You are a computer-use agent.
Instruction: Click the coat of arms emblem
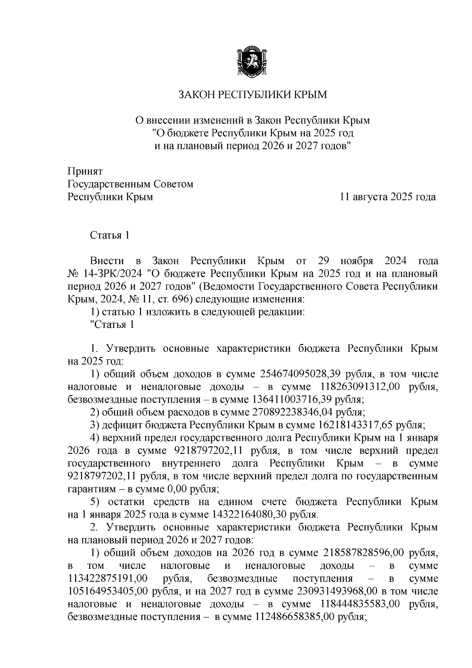[252, 61]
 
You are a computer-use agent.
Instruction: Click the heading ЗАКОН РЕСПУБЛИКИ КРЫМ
[252, 94]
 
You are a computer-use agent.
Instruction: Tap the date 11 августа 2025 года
[388, 197]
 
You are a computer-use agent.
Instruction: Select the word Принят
[85, 171]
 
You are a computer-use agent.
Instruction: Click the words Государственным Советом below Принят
[131, 184]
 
